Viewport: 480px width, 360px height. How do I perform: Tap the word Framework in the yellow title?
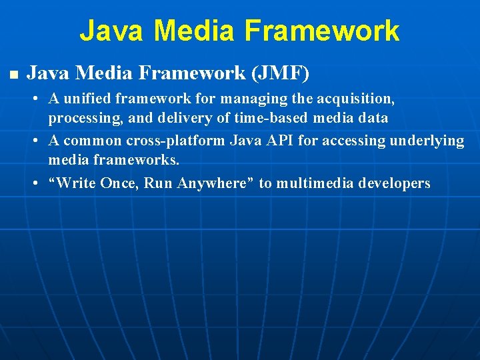point(322,31)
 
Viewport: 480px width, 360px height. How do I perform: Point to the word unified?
point(86,99)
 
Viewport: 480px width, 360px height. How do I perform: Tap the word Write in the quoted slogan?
point(77,183)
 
